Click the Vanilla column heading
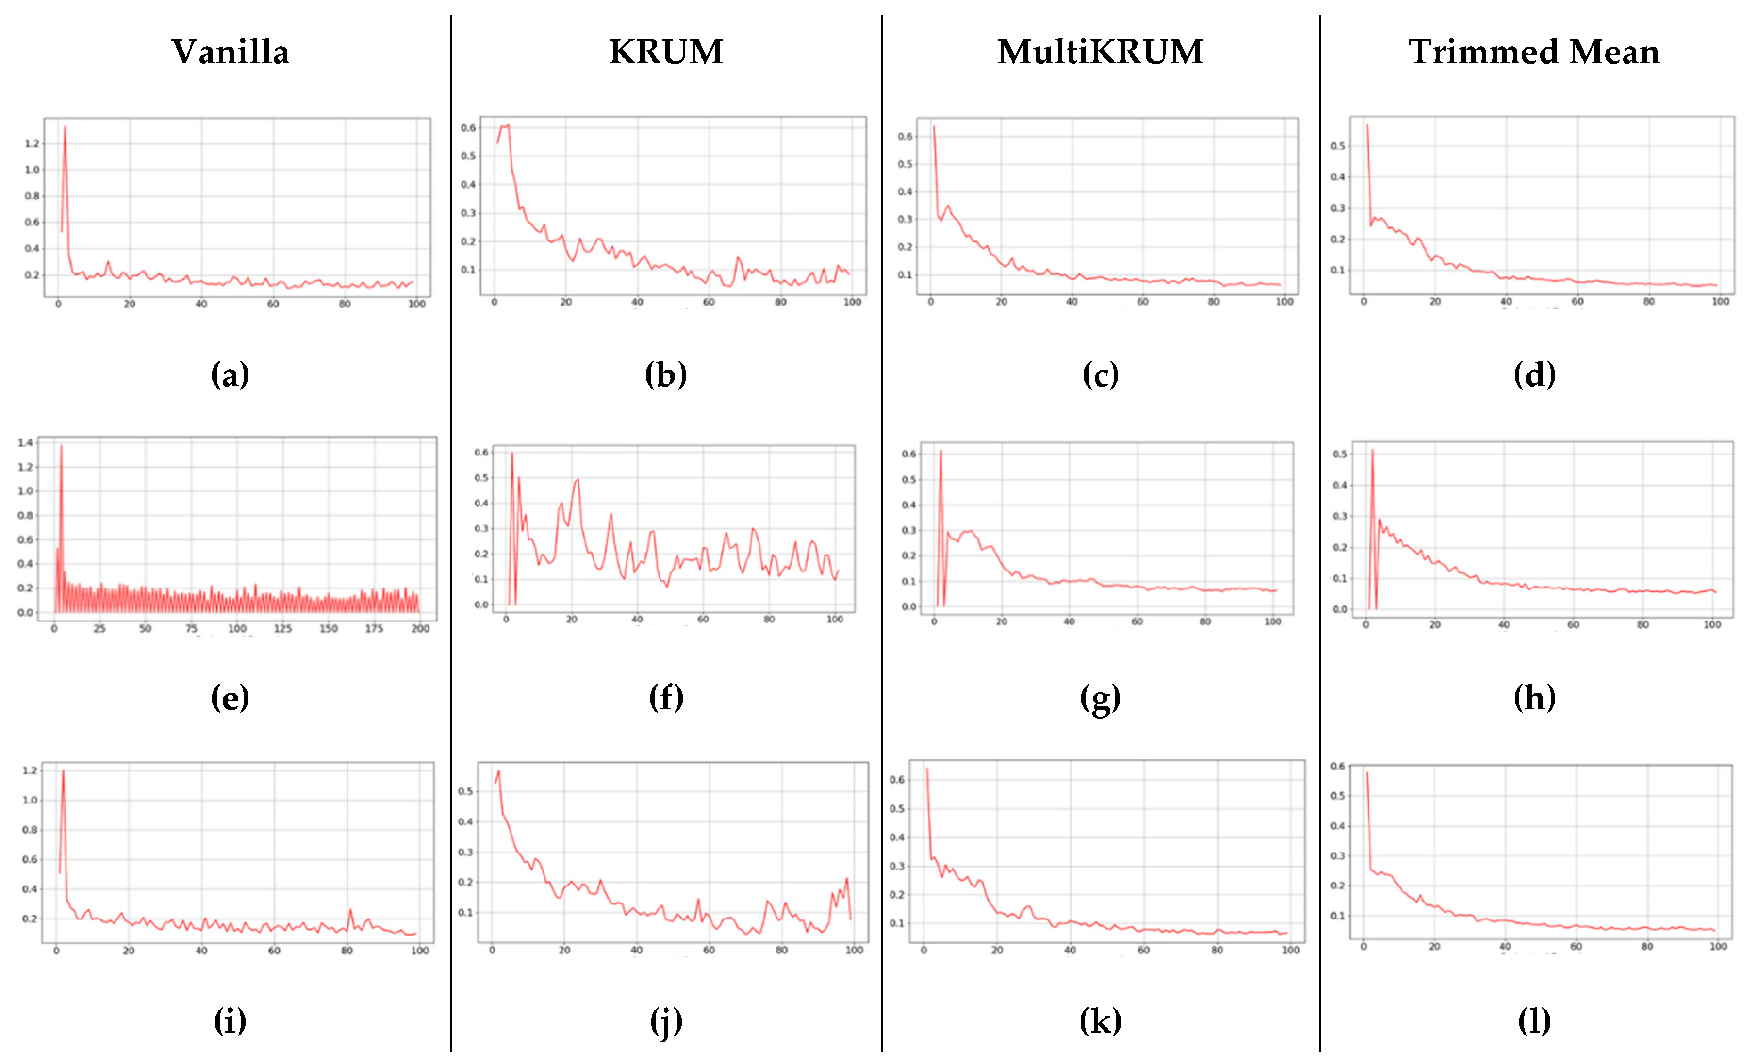click(x=230, y=52)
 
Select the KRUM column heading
click(x=665, y=52)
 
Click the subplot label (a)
click(x=230, y=374)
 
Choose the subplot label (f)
click(x=665, y=697)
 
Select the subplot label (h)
click(x=1534, y=697)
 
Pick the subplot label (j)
click(x=665, y=1021)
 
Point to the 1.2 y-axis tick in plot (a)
click(x=32, y=143)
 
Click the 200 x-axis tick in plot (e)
click(x=420, y=629)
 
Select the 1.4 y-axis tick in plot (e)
click(x=25, y=442)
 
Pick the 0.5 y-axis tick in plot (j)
click(x=466, y=791)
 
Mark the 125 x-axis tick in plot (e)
click(x=282, y=629)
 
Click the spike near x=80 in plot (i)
click(x=350, y=910)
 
